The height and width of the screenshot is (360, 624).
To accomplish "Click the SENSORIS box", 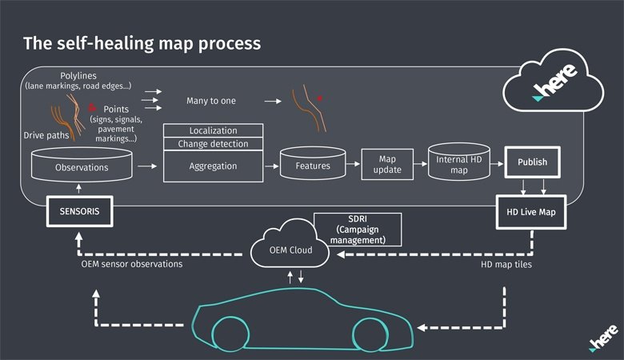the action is coord(79,211).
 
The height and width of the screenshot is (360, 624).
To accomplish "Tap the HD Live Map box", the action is coord(531,212).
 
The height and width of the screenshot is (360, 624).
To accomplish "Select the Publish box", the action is coord(533,162).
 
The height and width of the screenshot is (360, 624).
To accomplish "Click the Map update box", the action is coord(387,164).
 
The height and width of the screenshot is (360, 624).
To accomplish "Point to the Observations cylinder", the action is coord(82,165).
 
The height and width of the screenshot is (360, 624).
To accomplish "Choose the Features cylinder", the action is coord(313,163).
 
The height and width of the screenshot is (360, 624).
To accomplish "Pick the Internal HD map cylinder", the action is coord(459,162).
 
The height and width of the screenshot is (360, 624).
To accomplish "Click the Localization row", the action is coord(214,130).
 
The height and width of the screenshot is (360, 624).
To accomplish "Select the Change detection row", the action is coord(214,144).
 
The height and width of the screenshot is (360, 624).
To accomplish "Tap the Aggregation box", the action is coord(214,166).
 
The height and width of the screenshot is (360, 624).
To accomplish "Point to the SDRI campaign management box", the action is coord(358,230).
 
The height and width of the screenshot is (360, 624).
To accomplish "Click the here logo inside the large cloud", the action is coord(554,82).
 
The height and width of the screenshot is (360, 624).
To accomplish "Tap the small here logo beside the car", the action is coord(603,338).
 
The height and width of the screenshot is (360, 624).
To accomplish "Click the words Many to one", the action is coord(211,101).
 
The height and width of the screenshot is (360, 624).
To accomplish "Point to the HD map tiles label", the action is coord(506,265).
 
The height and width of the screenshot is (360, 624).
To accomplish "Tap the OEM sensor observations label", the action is coord(132,264).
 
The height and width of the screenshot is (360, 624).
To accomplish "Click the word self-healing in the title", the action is coord(105,43).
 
